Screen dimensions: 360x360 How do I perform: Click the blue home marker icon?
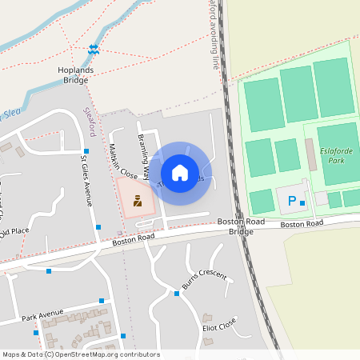180,172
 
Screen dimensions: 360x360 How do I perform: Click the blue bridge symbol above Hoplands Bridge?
94,50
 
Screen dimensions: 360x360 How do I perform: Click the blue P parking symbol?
292,201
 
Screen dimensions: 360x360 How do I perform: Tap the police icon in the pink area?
138,201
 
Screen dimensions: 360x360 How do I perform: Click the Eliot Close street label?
219,324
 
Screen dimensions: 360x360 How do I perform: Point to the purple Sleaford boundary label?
90,124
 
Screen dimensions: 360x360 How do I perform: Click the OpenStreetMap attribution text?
80,354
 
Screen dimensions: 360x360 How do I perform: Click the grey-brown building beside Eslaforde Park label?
310,154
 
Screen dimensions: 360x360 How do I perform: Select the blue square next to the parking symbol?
302,203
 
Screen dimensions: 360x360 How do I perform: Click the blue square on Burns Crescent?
176,293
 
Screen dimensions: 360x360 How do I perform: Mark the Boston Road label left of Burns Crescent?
133,238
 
